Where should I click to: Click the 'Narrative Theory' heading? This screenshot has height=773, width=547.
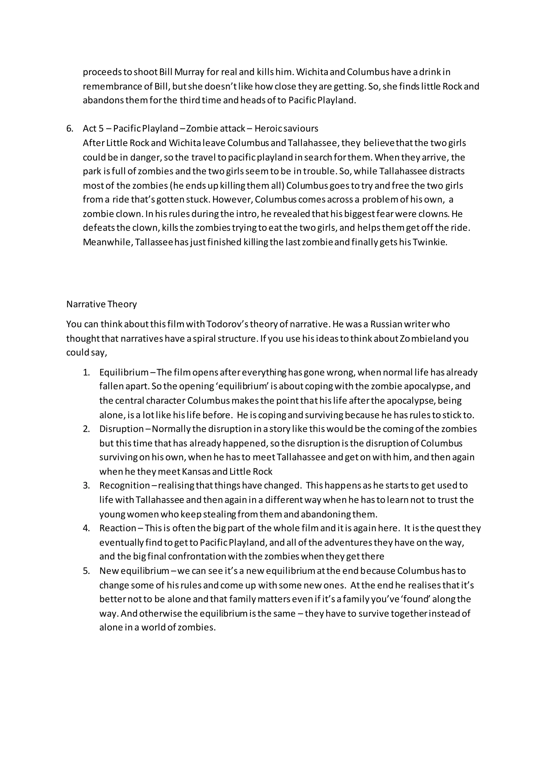[x=101, y=304]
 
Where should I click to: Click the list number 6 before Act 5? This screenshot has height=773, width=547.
[x=69, y=129]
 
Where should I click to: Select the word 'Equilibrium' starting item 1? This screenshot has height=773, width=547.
[x=124, y=372]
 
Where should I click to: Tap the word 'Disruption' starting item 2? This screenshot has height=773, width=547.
[x=122, y=429]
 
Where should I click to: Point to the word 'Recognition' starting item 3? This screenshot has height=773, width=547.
[x=124, y=486]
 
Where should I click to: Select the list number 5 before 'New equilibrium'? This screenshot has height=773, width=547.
[x=86, y=571]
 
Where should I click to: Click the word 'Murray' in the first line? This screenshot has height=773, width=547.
[x=189, y=72]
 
